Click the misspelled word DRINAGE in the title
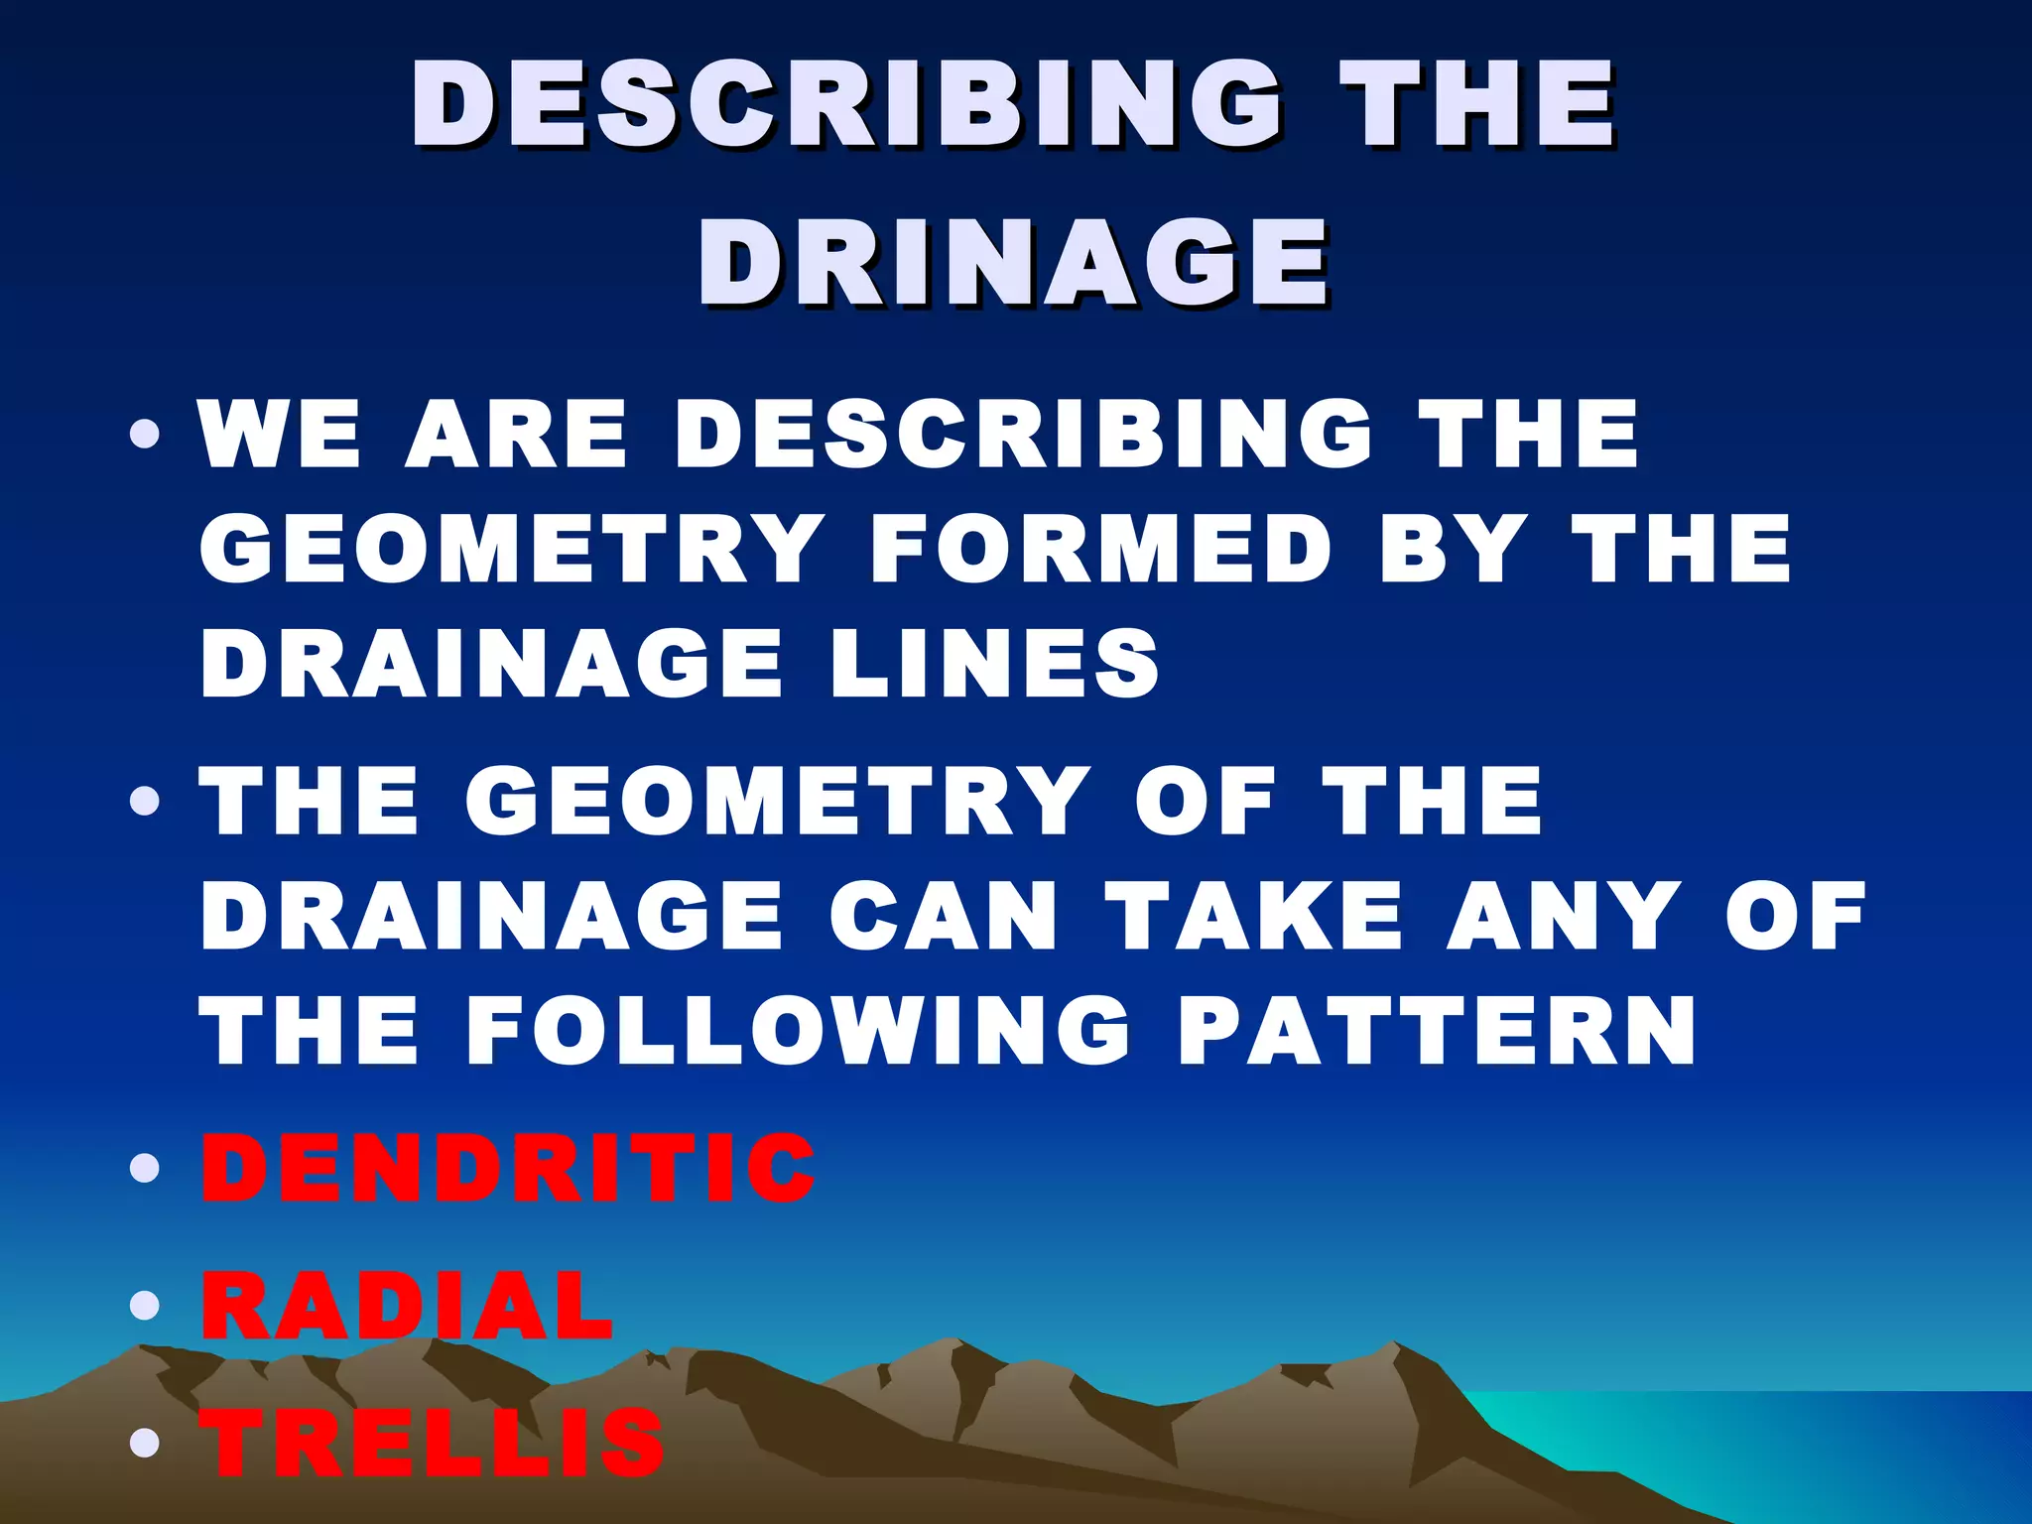(1013, 261)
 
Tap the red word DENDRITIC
(508, 1168)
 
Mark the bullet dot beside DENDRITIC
(145, 1168)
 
